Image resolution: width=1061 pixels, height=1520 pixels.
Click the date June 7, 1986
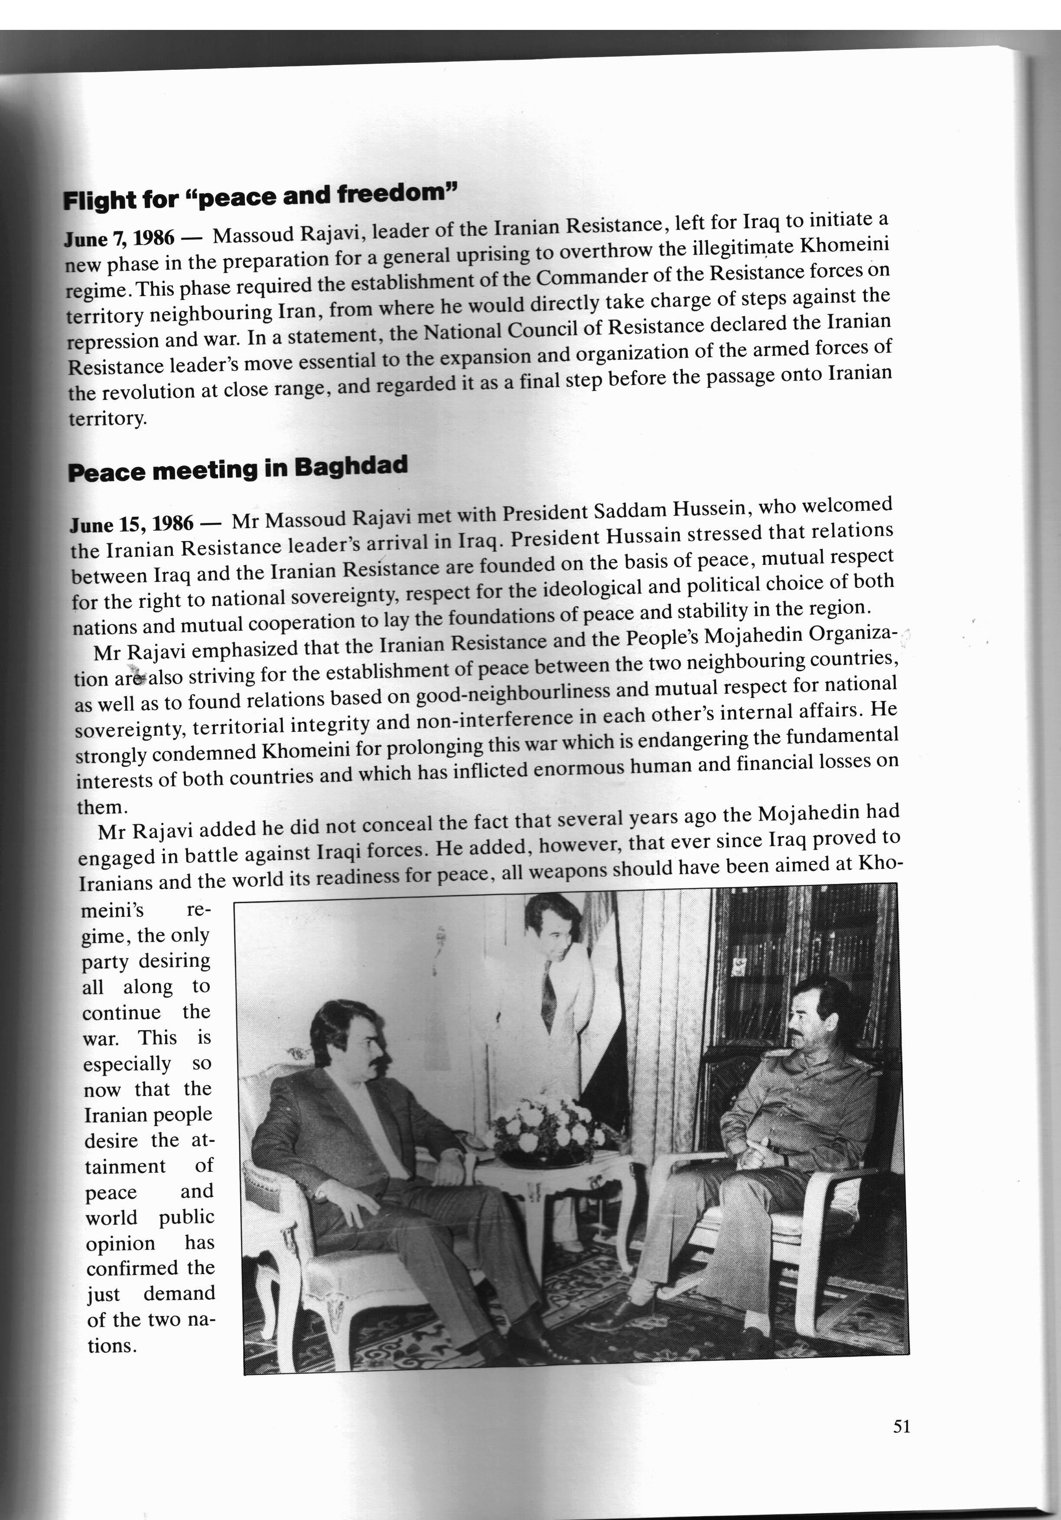pos(119,238)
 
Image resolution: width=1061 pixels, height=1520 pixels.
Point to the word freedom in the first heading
pos(397,194)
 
